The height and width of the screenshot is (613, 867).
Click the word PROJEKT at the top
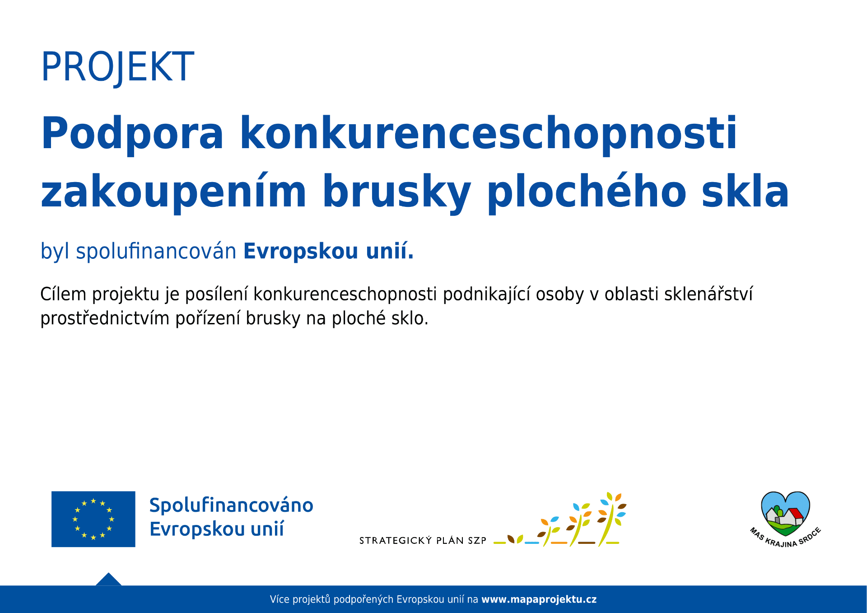[x=117, y=67]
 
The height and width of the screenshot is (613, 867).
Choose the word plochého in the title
[x=587, y=191]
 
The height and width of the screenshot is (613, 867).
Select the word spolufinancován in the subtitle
[x=156, y=251]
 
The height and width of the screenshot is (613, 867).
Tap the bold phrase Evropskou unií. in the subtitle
[x=329, y=251]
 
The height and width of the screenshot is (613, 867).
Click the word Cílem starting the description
[x=63, y=294]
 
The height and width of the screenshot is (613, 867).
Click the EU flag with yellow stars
[x=93, y=519]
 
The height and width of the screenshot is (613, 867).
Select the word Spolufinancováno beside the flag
[x=231, y=505]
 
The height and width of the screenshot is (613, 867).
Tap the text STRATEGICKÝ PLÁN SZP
[x=423, y=540]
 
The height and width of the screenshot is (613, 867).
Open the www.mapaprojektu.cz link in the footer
[x=539, y=599]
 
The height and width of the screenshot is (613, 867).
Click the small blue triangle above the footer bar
[x=108, y=580]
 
